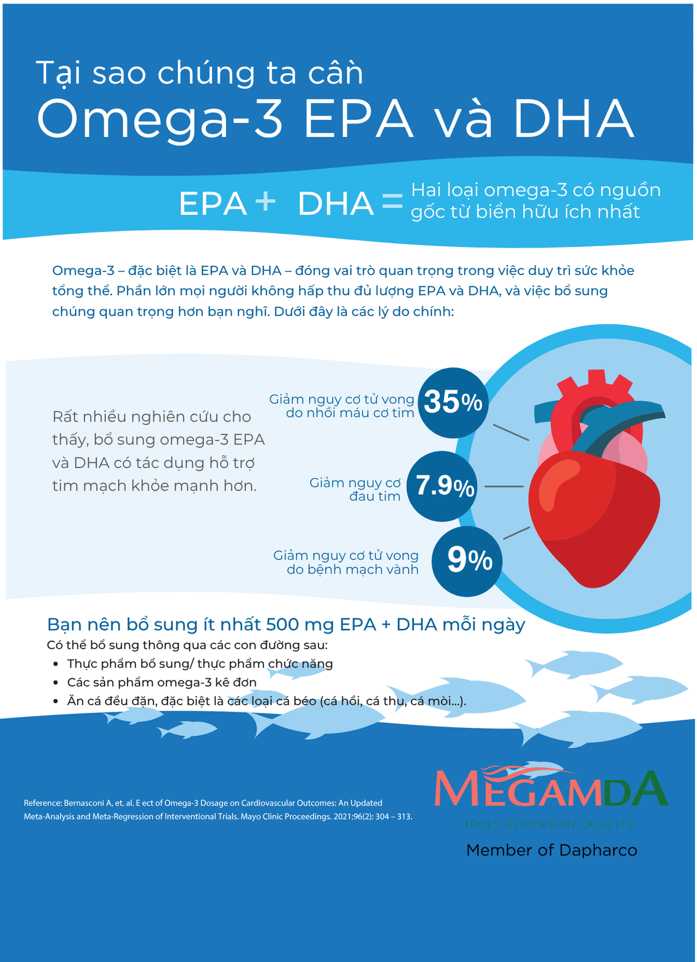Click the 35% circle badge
point(453,402)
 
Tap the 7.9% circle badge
point(442,486)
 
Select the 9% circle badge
point(467,561)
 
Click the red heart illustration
point(594,498)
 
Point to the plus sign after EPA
point(266,201)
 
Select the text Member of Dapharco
point(552,850)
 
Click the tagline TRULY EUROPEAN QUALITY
point(548,824)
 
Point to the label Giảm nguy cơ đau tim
point(356,490)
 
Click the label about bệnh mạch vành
point(346,562)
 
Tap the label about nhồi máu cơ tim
point(342,406)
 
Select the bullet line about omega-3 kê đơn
point(162,682)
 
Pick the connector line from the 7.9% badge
point(504,486)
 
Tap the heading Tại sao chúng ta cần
point(200,73)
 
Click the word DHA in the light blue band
point(336,204)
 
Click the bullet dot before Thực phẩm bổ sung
point(56,664)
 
